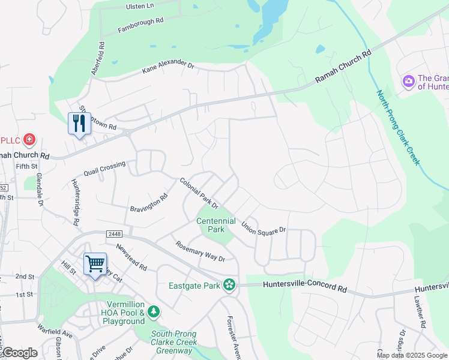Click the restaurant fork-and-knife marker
tap(79, 124)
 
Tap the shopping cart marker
tap(95, 264)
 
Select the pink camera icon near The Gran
tap(409, 80)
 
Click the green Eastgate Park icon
tap(229, 284)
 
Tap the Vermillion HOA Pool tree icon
tap(154, 312)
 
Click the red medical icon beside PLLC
tap(29, 140)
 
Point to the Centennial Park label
tap(210, 225)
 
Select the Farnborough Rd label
tap(140, 25)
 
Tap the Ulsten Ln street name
tap(139, 6)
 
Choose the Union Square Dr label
tap(264, 227)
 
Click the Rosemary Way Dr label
tap(200, 251)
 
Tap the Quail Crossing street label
tap(105, 168)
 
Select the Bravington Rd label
tap(149, 202)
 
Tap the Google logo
tap(19, 353)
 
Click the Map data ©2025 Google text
tap(412, 355)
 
